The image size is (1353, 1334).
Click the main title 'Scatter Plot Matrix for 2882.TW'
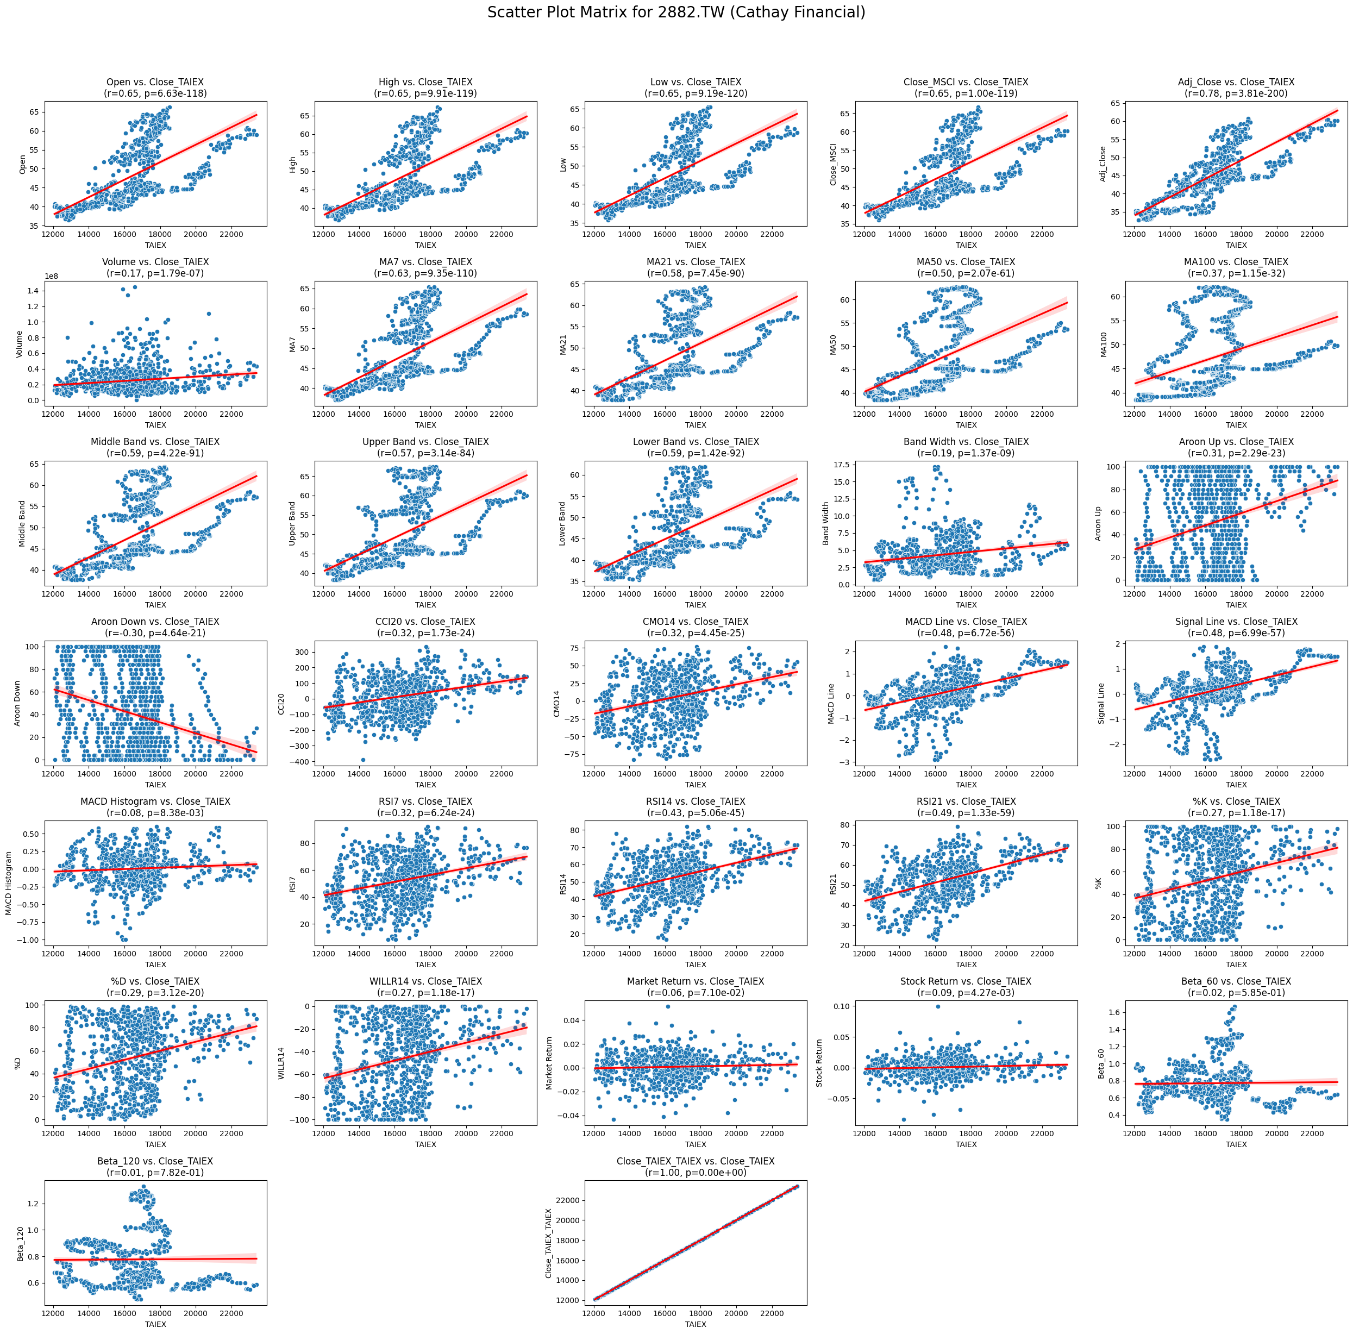coord(676,12)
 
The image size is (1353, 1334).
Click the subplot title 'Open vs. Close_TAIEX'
coord(155,83)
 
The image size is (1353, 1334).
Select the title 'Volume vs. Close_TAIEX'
coord(155,262)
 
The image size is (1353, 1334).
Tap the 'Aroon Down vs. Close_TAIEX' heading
coord(155,622)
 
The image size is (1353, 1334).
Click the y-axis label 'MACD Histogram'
coord(9,883)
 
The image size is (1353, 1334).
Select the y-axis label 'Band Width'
coord(826,523)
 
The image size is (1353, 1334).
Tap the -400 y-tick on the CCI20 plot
coord(301,761)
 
